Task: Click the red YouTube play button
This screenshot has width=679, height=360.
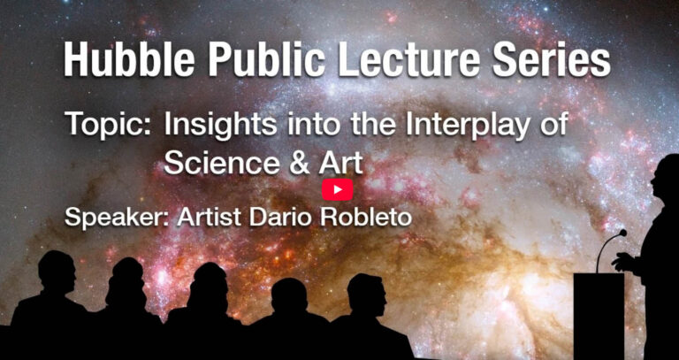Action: (x=338, y=190)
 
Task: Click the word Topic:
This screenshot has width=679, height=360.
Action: (x=109, y=126)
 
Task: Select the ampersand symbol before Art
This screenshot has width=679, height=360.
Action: (x=299, y=164)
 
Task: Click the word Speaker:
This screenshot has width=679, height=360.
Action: (x=117, y=217)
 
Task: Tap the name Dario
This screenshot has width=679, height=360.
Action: (x=281, y=216)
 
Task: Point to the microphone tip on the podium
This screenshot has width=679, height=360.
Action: (x=622, y=233)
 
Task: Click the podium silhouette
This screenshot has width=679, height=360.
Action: (x=599, y=316)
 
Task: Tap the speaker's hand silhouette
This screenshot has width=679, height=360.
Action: (x=621, y=261)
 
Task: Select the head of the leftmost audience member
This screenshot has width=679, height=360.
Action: (x=57, y=271)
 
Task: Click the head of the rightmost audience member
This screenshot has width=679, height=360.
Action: (x=366, y=295)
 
